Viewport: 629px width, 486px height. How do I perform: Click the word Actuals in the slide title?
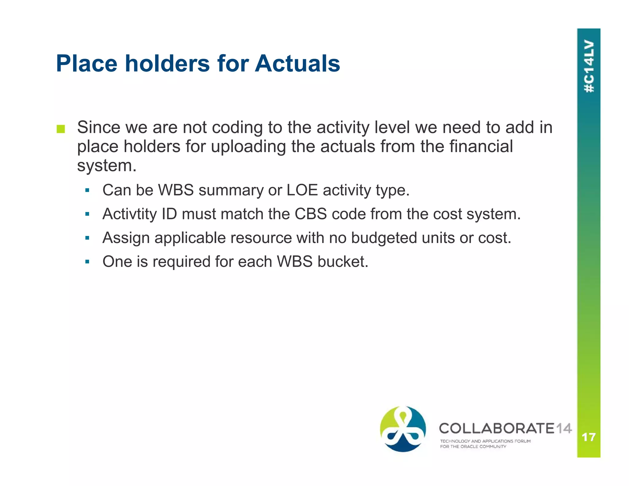click(x=297, y=64)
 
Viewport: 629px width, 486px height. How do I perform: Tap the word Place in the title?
click(x=87, y=64)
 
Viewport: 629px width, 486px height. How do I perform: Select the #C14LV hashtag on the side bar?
click(x=589, y=66)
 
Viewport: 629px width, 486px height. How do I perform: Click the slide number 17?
click(x=588, y=437)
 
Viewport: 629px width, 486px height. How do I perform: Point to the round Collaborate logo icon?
click(x=403, y=429)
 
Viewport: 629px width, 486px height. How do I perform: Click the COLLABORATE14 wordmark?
click(x=505, y=428)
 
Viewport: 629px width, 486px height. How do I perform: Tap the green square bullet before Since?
click(x=61, y=129)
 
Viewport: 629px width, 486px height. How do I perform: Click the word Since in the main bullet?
click(x=99, y=127)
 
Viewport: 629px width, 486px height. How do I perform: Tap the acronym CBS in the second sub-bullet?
click(x=311, y=214)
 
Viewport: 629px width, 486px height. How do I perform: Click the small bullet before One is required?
click(x=87, y=262)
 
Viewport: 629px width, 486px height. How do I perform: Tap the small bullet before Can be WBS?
click(x=87, y=190)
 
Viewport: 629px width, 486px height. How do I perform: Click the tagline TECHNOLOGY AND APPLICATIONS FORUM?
click(x=485, y=441)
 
